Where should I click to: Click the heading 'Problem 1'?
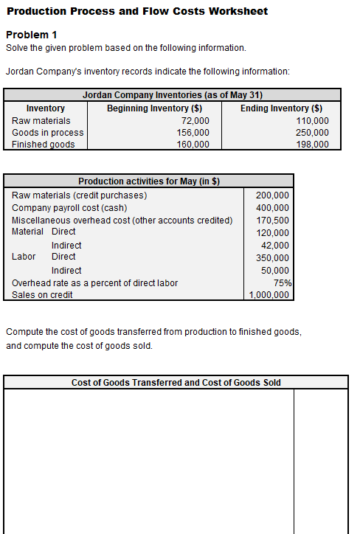coord(31,35)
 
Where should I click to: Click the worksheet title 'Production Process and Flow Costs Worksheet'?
coord(137,11)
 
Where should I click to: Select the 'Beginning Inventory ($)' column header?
coord(155,108)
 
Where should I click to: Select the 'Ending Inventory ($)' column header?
coord(281,108)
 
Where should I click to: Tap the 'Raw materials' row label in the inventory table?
coord(41,120)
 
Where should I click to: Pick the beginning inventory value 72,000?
coord(195,120)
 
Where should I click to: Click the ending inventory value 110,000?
coord(312,120)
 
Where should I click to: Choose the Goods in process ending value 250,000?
coord(312,132)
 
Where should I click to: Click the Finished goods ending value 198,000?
coord(312,144)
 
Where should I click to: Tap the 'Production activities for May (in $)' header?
coord(149,181)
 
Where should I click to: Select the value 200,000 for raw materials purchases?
coord(272,195)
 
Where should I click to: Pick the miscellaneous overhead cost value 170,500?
coord(272,221)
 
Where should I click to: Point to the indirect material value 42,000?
coord(275,246)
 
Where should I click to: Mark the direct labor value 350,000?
coord(272,258)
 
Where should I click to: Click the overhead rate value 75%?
coord(282,282)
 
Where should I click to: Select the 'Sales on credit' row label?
coord(42,294)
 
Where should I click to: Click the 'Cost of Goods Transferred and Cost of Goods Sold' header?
coord(176,382)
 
